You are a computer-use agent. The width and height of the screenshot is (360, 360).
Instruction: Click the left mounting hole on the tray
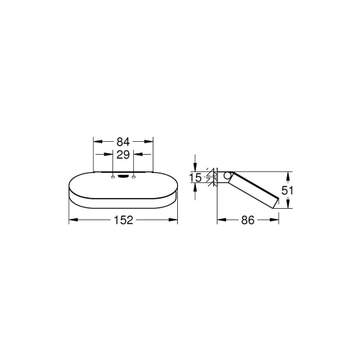click(x=112, y=174)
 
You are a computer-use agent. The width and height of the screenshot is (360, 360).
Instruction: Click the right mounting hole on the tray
click(x=134, y=174)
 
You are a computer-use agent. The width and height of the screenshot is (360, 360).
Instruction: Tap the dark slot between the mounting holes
click(x=123, y=174)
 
